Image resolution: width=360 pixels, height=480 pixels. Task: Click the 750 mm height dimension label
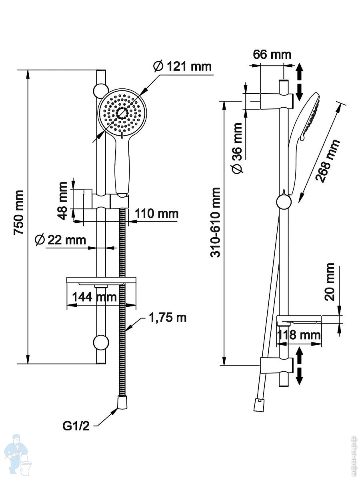(x=19, y=214)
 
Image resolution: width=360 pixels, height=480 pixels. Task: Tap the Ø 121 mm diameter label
(x=182, y=66)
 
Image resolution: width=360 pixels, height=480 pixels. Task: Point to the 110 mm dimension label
(x=156, y=214)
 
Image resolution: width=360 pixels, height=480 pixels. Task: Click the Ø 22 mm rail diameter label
(x=60, y=240)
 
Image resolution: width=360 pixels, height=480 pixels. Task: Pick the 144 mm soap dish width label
(x=94, y=297)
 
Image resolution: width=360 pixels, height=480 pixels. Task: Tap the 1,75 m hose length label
(x=168, y=318)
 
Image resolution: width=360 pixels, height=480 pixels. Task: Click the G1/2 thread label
(x=76, y=426)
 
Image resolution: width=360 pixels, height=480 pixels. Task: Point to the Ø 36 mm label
(x=238, y=148)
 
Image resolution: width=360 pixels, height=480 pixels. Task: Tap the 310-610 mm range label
(x=216, y=222)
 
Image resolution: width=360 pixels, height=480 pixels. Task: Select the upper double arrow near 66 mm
(x=299, y=82)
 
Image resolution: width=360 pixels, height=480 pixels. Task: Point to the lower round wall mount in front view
(x=100, y=343)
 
